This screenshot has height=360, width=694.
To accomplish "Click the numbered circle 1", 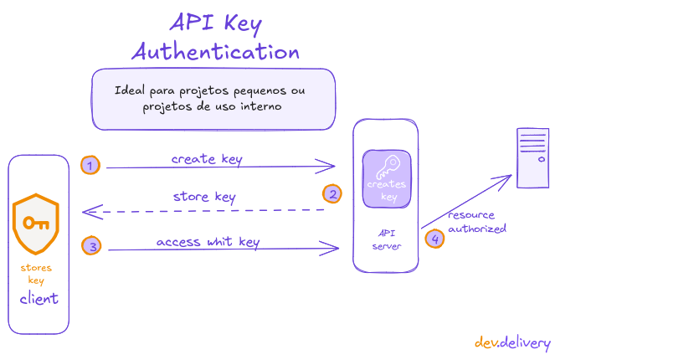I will point(90,165).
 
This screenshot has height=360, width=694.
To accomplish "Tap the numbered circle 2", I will point(332,194).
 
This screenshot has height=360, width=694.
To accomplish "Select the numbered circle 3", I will point(91,245).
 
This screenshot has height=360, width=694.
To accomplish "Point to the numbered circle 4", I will point(434,239).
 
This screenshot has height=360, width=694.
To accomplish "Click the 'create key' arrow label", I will point(207,158).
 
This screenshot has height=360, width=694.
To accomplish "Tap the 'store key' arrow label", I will point(204,197).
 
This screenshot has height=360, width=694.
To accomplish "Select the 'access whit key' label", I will point(208,242).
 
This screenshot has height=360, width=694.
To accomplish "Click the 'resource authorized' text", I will point(476,221).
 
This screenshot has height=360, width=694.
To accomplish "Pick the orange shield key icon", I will point(35,223).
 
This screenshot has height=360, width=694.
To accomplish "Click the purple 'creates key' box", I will point(387,179).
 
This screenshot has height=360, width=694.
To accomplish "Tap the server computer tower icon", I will point(532,157).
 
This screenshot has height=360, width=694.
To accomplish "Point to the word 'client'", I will point(39,299).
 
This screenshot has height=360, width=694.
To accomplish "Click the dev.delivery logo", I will point(512,342).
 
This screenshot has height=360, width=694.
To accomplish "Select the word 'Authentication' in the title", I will point(216,51).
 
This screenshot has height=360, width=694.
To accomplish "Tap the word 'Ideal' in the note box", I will point(131,90).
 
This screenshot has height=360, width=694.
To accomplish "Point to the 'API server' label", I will point(386,239).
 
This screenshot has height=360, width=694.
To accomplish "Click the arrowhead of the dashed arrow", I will point(87,213).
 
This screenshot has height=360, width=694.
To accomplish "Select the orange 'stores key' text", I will point(36,274).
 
